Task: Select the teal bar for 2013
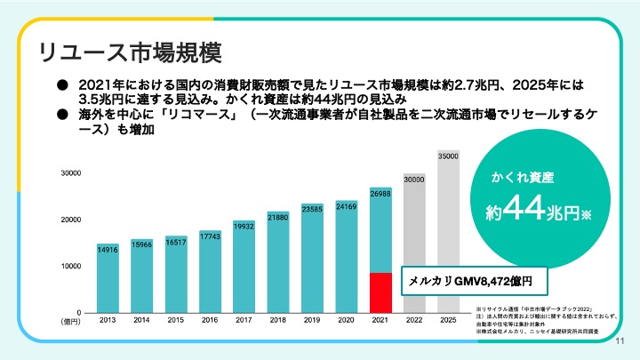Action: click(108, 280)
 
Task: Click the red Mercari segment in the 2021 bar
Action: click(380, 292)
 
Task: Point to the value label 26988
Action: click(380, 193)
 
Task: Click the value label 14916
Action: click(108, 250)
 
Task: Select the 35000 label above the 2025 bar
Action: click(448, 156)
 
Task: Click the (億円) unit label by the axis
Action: click(71, 320)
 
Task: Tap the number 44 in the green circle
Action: click(523, 211)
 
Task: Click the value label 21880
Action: click(278, 217)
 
